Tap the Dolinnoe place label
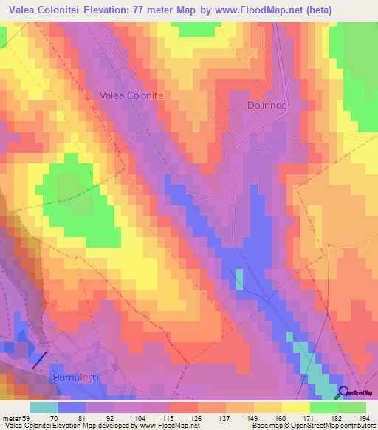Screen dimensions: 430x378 pos(266,106)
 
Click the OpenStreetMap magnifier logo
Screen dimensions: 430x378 pos(345,392)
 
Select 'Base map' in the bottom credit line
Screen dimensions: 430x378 pos(264,426)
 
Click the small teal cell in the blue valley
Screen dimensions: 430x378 pos(239,279)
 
